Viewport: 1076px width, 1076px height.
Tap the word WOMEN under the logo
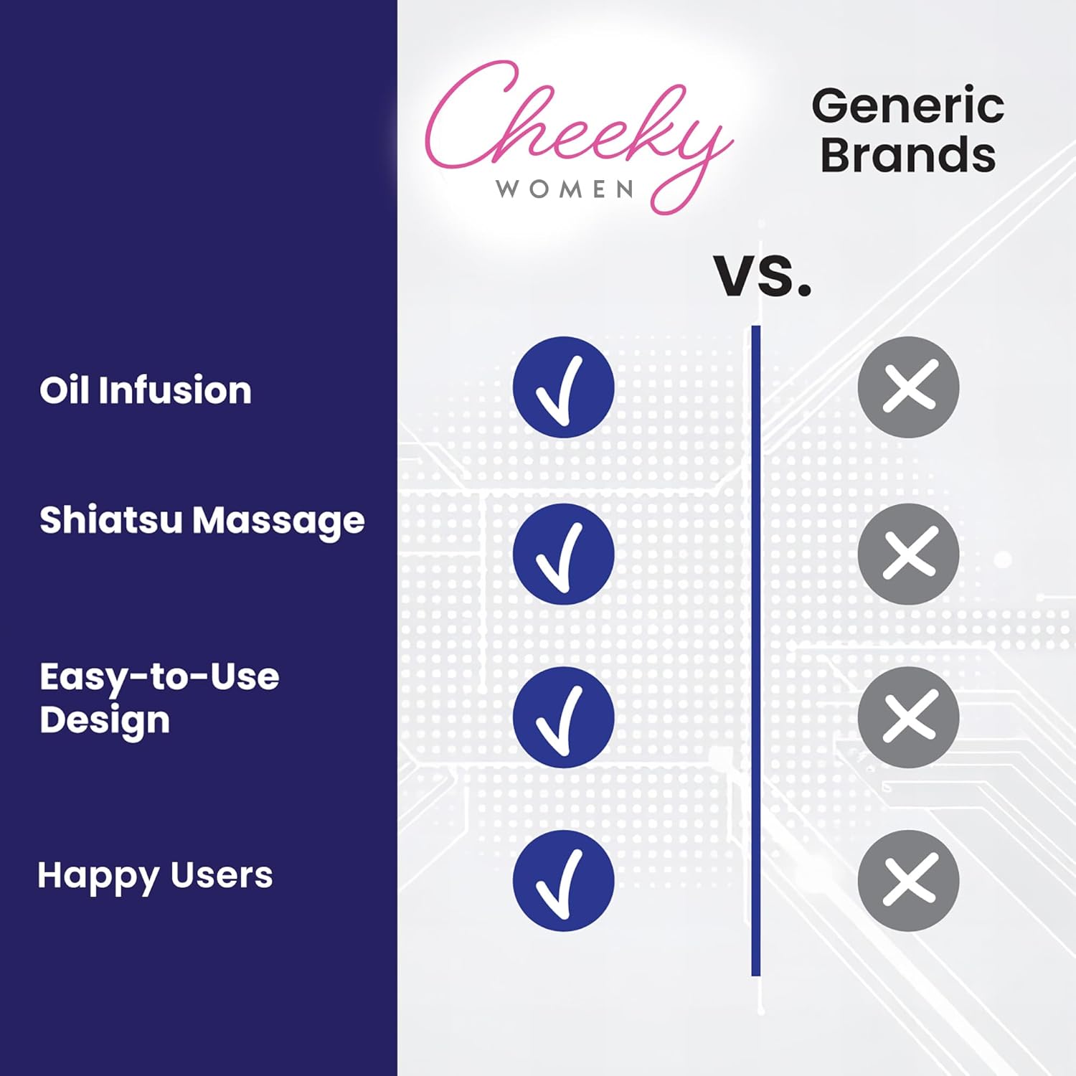(565, 189)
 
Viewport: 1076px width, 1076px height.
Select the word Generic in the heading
(907, 105)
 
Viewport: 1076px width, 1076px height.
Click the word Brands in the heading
(908, 154)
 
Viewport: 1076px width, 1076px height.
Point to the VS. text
(763, 275)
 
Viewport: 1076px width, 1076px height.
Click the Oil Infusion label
(146, 390)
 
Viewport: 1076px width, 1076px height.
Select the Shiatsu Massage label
(202, 522)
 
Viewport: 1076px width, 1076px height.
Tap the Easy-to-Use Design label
(159, 699)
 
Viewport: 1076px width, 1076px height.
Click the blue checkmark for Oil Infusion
(563, 387)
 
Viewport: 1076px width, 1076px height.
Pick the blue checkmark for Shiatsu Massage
(563, 554)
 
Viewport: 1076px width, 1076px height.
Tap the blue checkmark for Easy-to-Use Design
(563, 717)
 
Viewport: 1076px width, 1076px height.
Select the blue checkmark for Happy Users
(563, 881)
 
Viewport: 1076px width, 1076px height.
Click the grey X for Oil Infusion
(909, 387)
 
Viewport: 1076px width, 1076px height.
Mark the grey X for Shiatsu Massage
(909, 554)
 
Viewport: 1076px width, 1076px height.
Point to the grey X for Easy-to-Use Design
(909, 717)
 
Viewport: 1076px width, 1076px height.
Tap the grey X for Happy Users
(909, 881)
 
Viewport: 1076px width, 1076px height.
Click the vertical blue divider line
(755, 651)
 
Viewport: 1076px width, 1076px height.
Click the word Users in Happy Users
(222, 875)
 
